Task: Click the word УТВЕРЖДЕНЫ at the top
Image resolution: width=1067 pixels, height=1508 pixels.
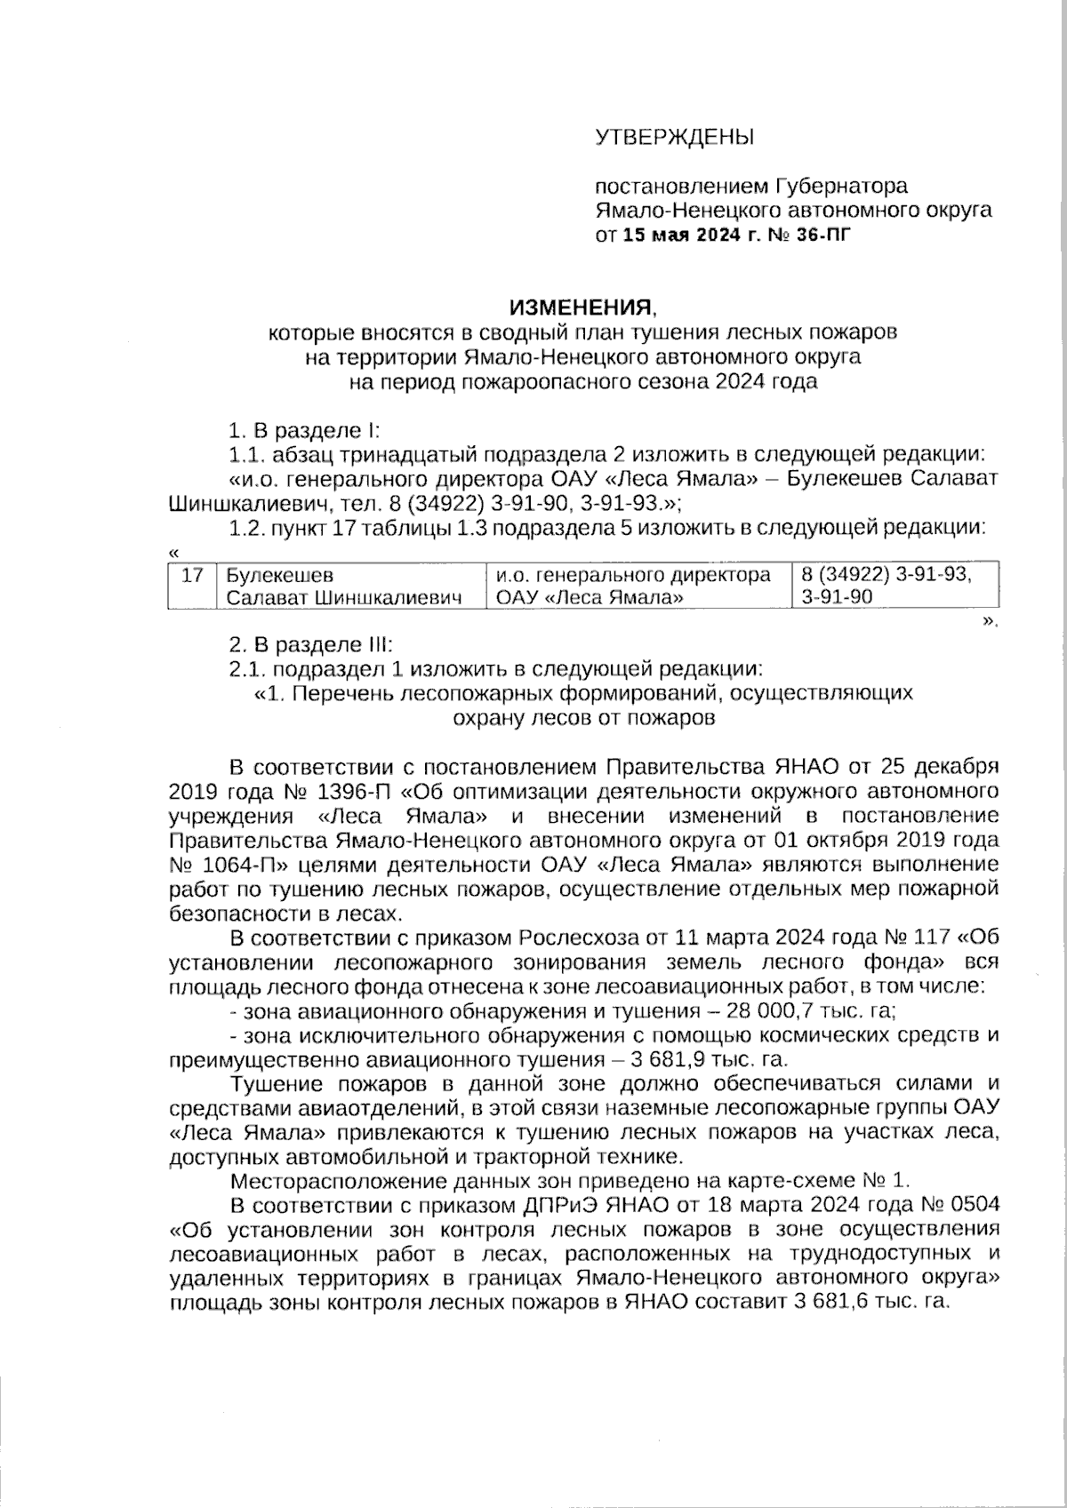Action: point(673,137)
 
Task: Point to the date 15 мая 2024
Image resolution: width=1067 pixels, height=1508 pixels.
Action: point(676,235)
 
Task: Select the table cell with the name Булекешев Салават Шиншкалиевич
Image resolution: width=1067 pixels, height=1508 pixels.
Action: point(347,586)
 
